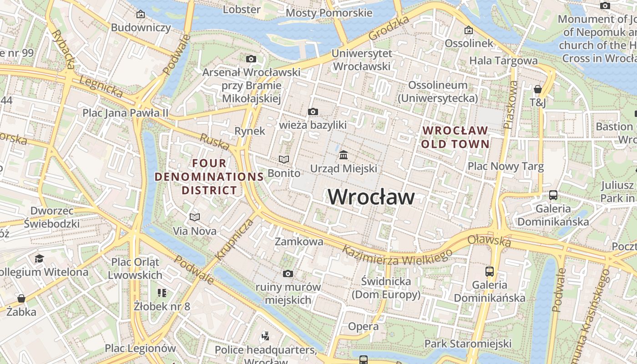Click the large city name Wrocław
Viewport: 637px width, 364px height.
click(371, 197)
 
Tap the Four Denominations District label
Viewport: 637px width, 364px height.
click(209, 177)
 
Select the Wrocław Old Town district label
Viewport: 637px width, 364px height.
click(455, 137)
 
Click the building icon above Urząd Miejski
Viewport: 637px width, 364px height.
click(344, 155)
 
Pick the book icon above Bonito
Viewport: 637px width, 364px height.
click(284, 160)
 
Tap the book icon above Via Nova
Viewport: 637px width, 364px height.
click(195, 217)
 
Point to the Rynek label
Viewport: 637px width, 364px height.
click(249, 131)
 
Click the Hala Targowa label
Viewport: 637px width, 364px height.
click(503, 61)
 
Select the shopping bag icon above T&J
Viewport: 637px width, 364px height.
click(538, 89)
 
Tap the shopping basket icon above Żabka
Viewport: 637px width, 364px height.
click(21, 298)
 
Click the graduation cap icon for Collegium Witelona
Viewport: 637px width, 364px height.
click(39, 258)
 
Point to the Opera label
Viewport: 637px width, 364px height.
click(363, 326)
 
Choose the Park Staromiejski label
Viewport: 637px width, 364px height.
click(468, 344)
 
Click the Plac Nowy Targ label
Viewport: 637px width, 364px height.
click(506, 166)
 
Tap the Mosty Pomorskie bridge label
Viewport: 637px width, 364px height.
click(329, 13)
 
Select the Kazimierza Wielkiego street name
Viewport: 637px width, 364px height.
click(397, 255)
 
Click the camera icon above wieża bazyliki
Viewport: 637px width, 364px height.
click(313, 112)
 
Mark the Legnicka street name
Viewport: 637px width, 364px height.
click(101, 86)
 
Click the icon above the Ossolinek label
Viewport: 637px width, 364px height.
click(468, 30)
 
